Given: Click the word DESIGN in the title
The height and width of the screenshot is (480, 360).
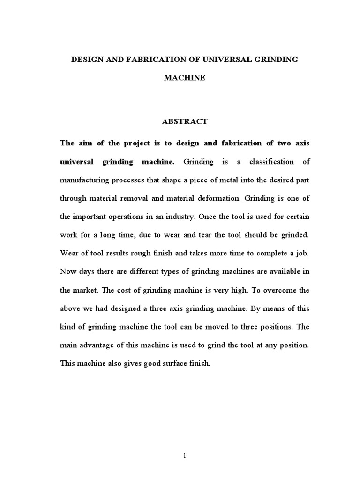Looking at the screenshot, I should (84, 60).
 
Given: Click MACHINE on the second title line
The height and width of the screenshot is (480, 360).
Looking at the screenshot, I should (184, 78).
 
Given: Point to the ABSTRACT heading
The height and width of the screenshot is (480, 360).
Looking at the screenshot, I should (184, 121).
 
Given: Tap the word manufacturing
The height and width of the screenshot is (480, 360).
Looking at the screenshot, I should (85, 180).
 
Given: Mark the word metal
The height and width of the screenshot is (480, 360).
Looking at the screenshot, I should (212, 180).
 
